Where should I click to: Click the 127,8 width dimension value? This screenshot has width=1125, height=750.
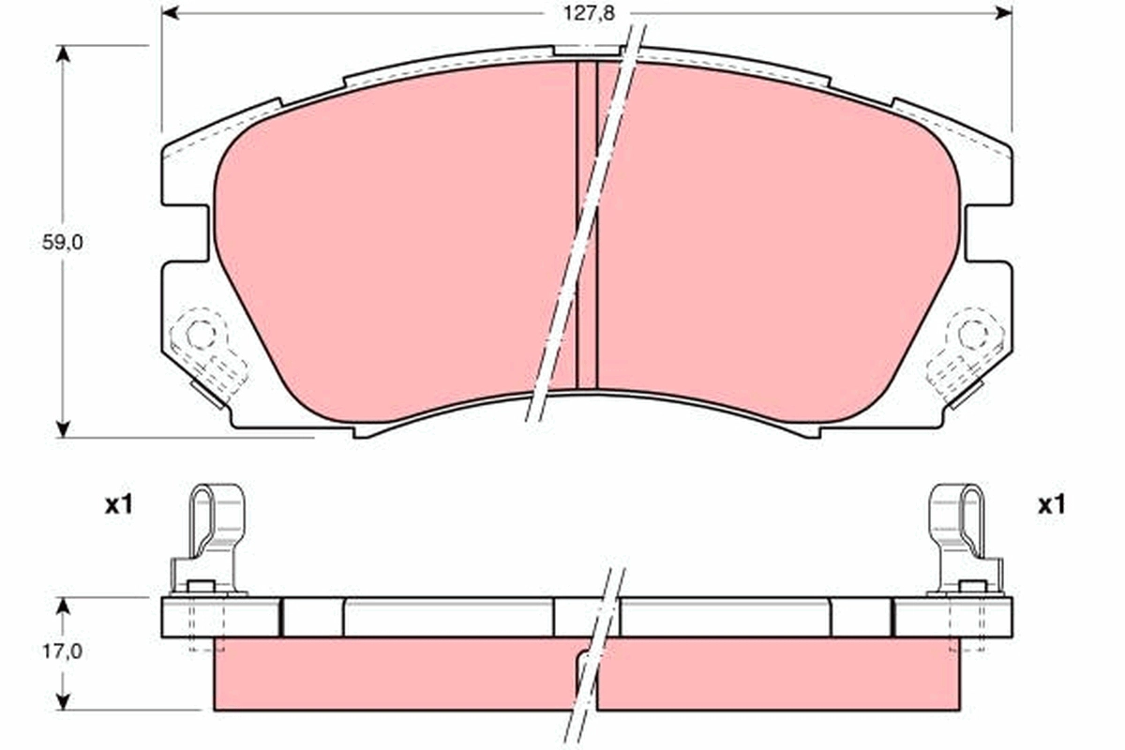pyautogui.click(x=581, y=14)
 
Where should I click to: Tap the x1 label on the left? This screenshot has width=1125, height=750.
pyautogui.click(x=118, y=506)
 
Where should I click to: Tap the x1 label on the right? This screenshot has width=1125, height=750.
pyautogui.click(x=1052, y=506)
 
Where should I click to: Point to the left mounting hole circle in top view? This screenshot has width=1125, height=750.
pyautogui.click(x=199, y=333)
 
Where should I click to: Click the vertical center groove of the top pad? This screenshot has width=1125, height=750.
pyautogui.click(x=586, y=225)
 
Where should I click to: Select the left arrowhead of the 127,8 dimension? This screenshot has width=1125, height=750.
pyautogui.click(x=170, y=13)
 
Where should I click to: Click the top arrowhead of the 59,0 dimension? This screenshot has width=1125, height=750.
pyautogui.click(x=64, y=53)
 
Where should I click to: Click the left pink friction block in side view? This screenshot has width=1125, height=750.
pyautogui.click(x=394, y=675)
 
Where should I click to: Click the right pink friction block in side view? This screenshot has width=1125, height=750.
pyautogui.click(x=778, y=675)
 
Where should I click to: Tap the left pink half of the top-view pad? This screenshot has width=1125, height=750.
pyautogui.click(x=394, y=244)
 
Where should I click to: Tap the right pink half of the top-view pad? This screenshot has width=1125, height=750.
pyautogui.click(x=778, y=244)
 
